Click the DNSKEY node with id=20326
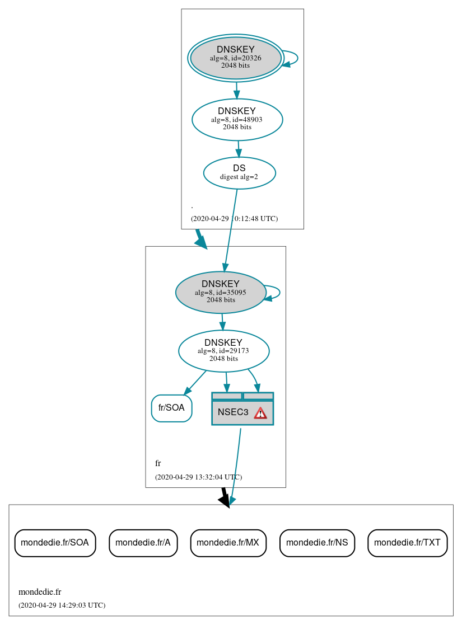pos(236,58)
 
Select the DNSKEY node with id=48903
pos(237,119)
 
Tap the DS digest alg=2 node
pos(239,173)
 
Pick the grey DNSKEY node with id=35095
pos(221,292)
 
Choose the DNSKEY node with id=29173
pos(223,351)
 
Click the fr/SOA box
pos(171,408)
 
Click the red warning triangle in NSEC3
pos(260,413)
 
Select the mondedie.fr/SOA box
pos(55,542)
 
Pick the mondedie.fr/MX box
pos(228,542)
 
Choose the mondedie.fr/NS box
pos(317,542)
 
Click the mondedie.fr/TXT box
pos(407,542)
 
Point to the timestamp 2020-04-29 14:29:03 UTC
pos(62,605)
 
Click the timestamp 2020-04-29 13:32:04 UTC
pos(198,477)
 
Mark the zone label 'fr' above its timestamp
pos(158,463)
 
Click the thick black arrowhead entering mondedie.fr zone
pos(225,500)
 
